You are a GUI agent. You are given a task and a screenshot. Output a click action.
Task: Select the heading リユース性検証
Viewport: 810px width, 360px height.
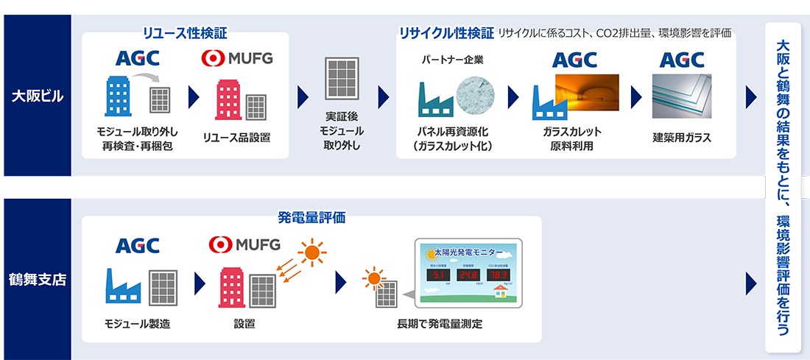(x=185, y=33)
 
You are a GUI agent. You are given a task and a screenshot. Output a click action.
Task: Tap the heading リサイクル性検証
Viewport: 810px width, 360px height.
(x=446, y=33)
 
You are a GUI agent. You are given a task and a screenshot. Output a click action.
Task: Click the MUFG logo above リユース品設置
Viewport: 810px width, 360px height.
(x=237, y=57)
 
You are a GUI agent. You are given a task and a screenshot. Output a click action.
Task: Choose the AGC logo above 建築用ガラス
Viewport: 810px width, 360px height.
(x=682, y=58)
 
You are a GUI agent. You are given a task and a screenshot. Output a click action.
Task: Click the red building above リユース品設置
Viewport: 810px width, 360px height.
(x=228, y=99)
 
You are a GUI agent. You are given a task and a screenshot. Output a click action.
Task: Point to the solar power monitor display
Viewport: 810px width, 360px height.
(x=468, y=272)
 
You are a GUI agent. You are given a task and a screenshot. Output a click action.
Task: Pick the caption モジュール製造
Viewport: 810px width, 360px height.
(x=137, y=324)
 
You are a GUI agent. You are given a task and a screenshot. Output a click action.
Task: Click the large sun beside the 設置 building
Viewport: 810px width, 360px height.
(x=312, y=253)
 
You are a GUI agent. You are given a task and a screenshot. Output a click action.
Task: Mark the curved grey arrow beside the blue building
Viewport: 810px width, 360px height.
(x=149, y=76)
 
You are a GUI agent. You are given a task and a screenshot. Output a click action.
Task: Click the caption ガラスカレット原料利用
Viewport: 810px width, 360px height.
(x=571, y=138)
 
